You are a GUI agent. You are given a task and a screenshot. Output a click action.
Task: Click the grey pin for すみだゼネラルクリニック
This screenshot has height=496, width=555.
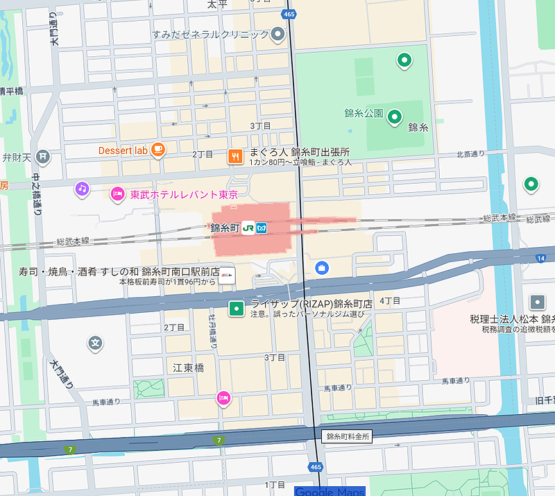278,34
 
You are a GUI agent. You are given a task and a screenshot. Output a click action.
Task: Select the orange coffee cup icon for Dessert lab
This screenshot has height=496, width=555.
158,149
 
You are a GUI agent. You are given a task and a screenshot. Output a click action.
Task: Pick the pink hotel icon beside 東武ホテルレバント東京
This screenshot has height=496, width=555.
117,194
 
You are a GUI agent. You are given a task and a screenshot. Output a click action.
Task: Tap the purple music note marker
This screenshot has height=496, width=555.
82,188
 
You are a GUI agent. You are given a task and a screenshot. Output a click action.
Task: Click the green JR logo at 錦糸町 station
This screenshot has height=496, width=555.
248,228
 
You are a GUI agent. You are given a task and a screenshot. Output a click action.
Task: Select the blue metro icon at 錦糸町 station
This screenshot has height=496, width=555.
261,228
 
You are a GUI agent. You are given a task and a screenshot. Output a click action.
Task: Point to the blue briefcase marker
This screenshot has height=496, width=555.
321,267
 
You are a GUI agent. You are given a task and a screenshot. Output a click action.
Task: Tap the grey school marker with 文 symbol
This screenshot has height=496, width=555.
96,343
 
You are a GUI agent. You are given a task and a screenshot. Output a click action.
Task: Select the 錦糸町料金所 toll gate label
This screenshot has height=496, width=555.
348,436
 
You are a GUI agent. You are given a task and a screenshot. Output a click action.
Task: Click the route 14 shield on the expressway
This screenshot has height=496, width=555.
540,259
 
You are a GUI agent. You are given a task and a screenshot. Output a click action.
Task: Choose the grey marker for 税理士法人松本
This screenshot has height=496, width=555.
537,302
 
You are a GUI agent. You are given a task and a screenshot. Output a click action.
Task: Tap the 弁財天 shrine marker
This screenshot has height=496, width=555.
43,157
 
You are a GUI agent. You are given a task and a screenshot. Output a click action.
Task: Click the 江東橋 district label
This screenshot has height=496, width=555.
188,368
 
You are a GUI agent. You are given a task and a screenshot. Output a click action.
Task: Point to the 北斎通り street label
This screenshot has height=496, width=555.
470,154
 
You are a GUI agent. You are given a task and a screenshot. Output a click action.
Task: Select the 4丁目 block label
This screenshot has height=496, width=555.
391,300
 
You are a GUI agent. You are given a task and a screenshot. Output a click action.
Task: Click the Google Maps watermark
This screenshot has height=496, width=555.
330,491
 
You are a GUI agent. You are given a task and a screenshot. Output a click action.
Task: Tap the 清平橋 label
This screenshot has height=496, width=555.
11,91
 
